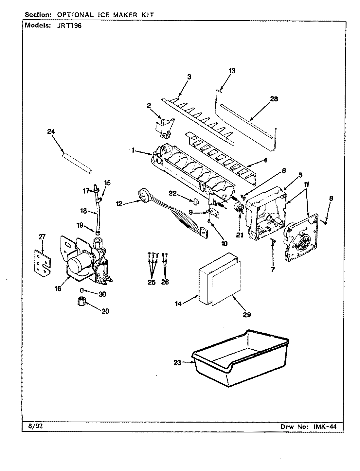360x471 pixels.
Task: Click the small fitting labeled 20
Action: [81, 302]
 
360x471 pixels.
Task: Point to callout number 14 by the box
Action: [178, 304]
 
